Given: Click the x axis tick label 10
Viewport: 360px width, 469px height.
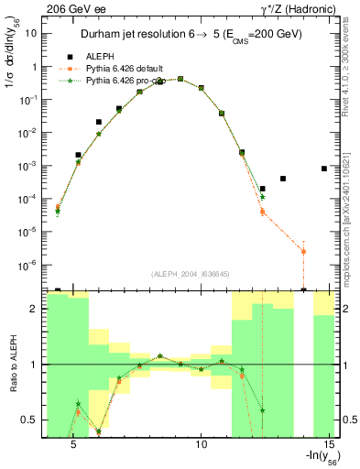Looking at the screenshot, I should [x=202, y=444].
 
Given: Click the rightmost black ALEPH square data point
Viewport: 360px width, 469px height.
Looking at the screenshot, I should [x=324, y=169].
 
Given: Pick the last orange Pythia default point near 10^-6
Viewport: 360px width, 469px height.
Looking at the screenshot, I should [x=303, y=251].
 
